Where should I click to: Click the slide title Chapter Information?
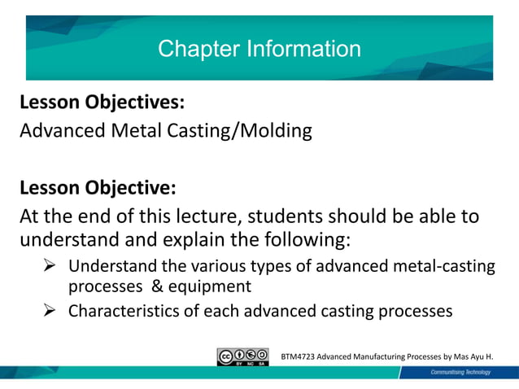(259, 49)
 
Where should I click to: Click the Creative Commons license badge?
(242, 356)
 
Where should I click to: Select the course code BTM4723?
(299, 356)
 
